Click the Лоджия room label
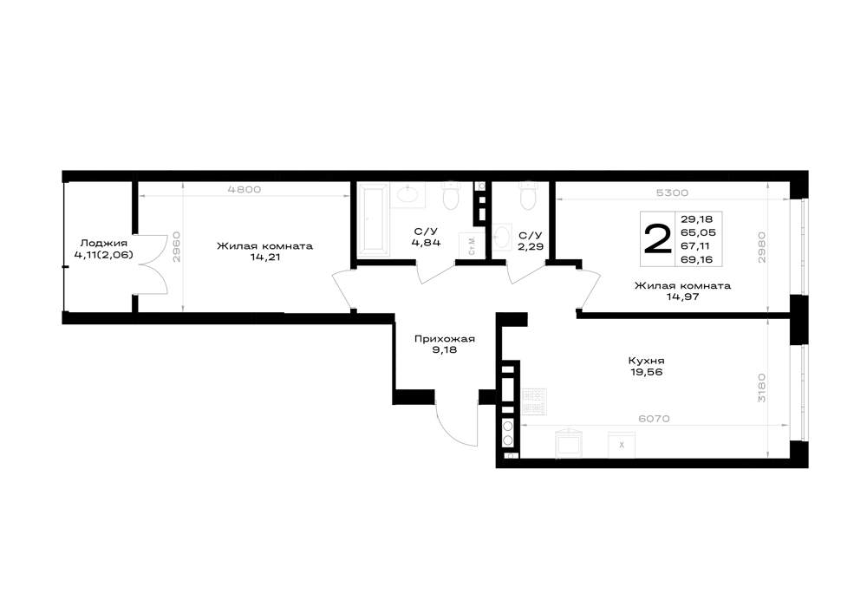click(104, 244)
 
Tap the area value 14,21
click(264, 257)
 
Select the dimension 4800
click(244, 190)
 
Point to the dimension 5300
click(672, 192)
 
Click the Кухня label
click(647, 361)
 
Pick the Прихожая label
click(445, 339)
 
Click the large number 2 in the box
click(657, 239)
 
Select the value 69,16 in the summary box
click(697, 259)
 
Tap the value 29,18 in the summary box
click(697, 218)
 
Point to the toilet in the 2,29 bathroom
click(528, 196)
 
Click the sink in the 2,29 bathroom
click(502, 236)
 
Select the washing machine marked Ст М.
click(469, 245)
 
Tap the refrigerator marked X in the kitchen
click(622, 445)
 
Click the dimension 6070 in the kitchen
click(654, 419)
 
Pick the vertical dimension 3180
click(762, 388)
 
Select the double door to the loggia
click(153, 264)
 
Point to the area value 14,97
click(682, 297)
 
